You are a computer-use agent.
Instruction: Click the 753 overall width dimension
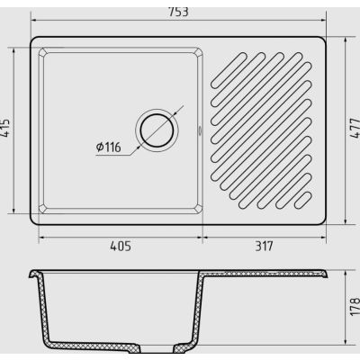[178, 12]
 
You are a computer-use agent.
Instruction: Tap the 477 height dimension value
[355, 128]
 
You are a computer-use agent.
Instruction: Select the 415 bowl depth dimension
[5, 129]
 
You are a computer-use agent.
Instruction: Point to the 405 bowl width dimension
[121, 247]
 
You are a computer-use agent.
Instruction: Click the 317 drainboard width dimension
[265, 247]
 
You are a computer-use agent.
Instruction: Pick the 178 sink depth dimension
[355, 306]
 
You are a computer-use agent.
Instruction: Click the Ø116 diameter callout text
[108, 147]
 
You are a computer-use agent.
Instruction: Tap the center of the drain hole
[157, 130]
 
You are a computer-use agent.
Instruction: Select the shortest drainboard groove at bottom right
[303, 201]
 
